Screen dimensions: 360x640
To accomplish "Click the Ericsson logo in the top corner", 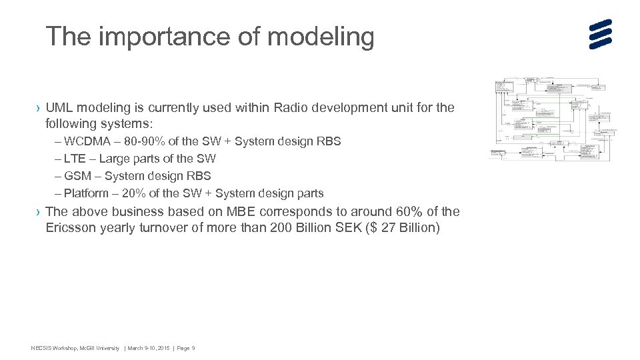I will tap(600, 34).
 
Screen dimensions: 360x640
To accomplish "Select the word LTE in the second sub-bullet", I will tap(77, 159).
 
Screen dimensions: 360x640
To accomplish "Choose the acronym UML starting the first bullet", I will tap(61, 107).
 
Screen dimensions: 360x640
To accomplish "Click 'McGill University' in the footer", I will tap(98, 349).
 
